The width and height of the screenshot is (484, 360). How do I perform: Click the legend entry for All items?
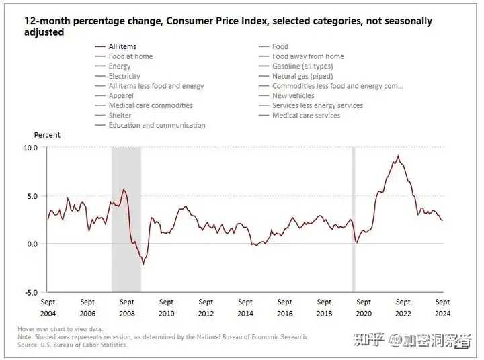tap(122, 46)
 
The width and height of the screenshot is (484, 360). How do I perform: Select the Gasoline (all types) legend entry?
tap(302, 66)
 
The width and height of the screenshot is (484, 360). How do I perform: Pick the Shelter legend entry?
tap(120, 116)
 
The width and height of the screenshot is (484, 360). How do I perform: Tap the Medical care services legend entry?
tap(306, 116)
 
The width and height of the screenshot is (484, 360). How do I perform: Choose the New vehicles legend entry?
tap(293, 96)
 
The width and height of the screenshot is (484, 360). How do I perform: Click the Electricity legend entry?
tap(124, 77)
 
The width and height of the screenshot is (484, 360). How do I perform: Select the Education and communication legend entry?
tap(157, 125)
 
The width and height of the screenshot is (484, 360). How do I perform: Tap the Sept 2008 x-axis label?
tap(127, 307)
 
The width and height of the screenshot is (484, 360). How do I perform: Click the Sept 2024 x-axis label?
tap(443, 307)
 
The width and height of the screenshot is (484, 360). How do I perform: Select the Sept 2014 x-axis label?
tap(245, 307)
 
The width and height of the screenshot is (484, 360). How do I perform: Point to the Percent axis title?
tap(47, 135)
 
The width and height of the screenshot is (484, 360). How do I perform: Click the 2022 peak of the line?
tap(398, 156)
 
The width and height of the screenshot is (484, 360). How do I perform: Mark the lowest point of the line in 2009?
tap(143, 264)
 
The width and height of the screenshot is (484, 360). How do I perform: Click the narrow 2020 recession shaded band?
tap(354, 218)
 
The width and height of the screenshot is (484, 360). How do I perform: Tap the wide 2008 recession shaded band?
tap(126, 218)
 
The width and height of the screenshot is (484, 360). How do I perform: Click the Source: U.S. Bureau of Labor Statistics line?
tap(73, 345)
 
